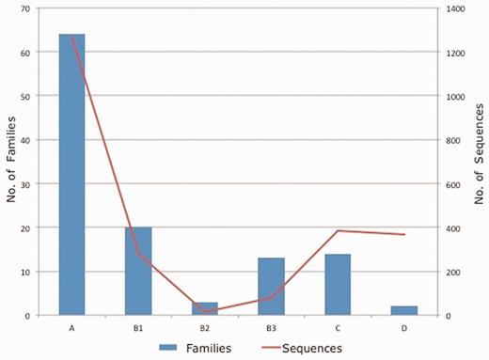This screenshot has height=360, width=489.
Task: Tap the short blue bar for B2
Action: [205, 308]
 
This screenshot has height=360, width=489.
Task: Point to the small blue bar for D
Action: [404, 310]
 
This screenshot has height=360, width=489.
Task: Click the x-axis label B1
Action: [138, 328]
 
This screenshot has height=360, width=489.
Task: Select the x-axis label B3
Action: [271, 328]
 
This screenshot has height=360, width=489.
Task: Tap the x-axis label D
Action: [404, 328]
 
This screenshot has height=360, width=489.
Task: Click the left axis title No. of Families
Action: [11, 162]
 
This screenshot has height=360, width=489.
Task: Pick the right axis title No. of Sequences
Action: [478, 162]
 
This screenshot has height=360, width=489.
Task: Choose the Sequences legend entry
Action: [306, 349]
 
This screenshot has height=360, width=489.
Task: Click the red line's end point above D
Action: [404, 234]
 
